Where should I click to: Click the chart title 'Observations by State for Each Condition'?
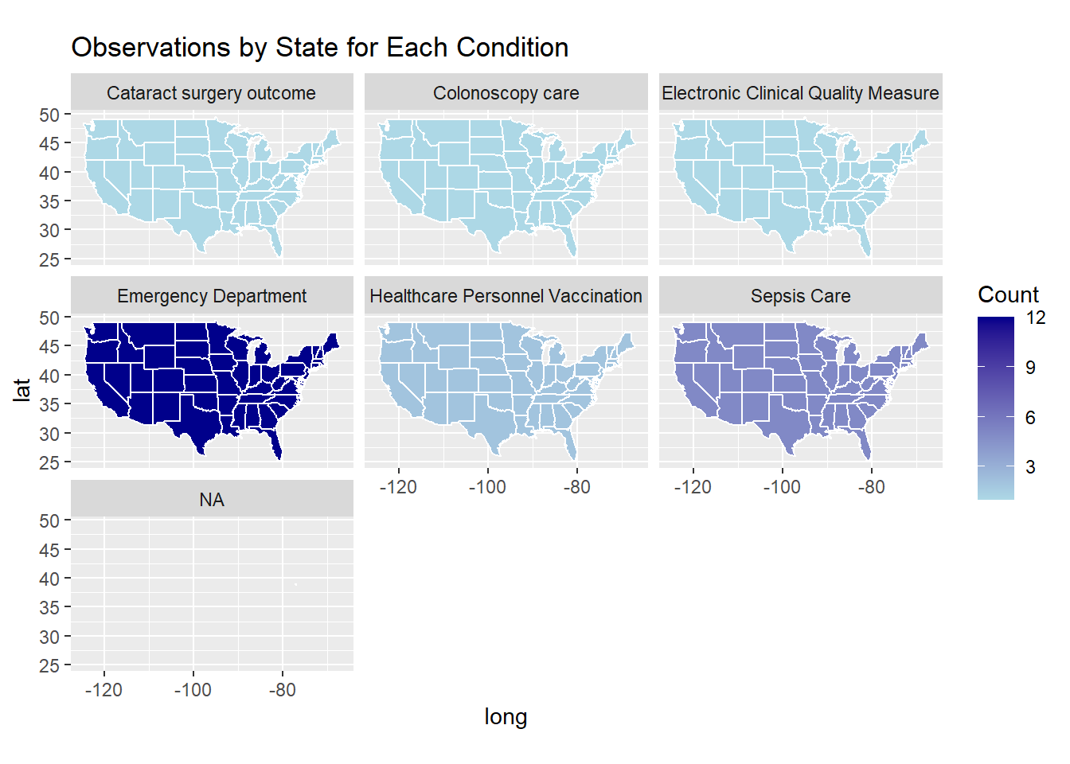pyautogui.click(x=319, y=48)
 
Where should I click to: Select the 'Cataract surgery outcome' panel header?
pyautogui.click(x=211, y=93)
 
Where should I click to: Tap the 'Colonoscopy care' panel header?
pyautogui.click(x=506, y=93)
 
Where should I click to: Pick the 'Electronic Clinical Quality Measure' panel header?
pyautogui.click(x=800, y=93)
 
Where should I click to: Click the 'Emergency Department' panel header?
pyautogui.click(x=211, y=296)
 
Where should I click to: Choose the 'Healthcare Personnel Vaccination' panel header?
pyautogui.click(x=506, y=296)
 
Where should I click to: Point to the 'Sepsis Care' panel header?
pyautogui.click(x=800, y=296)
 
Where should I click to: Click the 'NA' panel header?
pyautogui.click(x=211, y=500)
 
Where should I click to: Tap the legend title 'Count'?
pyautogui.click(x=1008, y=294)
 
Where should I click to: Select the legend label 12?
pyautogui.click(x=1035, y=318)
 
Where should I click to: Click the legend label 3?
pyautogui.click(x=1030, y=467)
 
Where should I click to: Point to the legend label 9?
pyautogui.click(x=1030, y=368)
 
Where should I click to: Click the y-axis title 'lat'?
pyautogui.click(x=21, y=390)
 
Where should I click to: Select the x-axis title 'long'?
pyautogui.click(x=506, y=717)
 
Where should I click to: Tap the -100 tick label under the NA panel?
pyautogui.click(x=193, y=690)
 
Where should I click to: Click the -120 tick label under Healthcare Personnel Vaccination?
pyautogui.click(x=398, y=487)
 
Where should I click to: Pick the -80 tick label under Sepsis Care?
pyautogui.click(x=871, y=487)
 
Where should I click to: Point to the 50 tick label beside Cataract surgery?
pyautogui.click(x=49, y=115)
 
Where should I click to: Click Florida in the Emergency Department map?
pyautogui.click(x=275, y=444)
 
